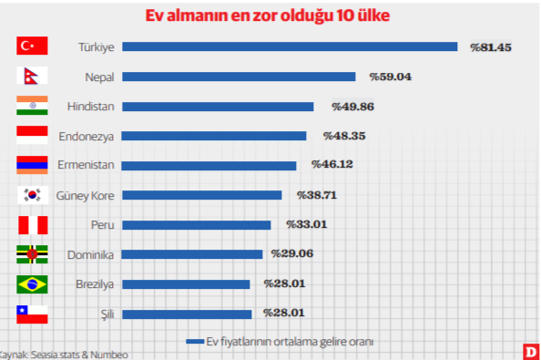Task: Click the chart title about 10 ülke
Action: pyautogui.click(x=270, y=17)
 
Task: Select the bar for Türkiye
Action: pyautogui.click(x=289, y=46)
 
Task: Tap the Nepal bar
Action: pyautogui.click(x=238, y=77)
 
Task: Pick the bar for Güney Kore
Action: pyautogui.click(x=201, y=195)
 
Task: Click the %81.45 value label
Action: pyautogui.click(x=491, y=46)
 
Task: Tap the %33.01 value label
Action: pyautogui.click(x=306, y=224)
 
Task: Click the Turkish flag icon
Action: pyautogui.click(x=32, y=46)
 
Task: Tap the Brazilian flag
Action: pyautogui.click(x=32, y=284)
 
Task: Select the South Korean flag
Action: pyautogui.click(x=32, y=195)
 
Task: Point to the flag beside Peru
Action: pyautogui.click(x=32, y=225)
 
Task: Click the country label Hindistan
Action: pyautogui.click(x=90, y=107)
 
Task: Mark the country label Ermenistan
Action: pyautogui.click(x=86, y=166)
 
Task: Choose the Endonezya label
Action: pyautogui.click(x=86, y=136)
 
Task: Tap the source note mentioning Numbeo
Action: pyautogui.click(x=63, y=354)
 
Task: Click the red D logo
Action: pyautogui.click(x=529, y=352)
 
